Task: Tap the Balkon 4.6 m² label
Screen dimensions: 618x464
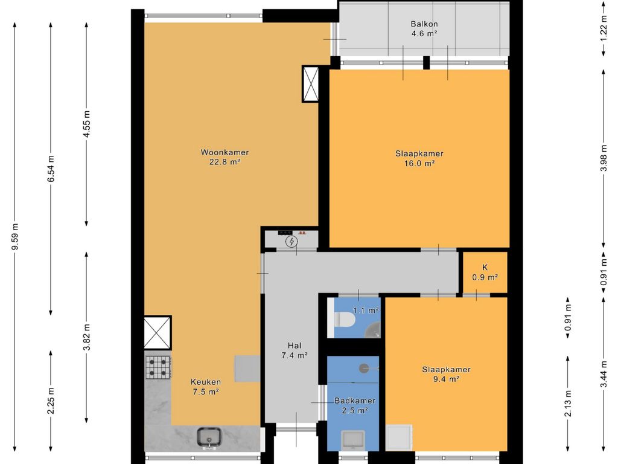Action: (424, 29)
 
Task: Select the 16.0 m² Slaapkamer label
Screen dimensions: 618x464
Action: (419, 158)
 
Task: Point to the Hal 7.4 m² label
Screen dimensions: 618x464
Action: (295, 350)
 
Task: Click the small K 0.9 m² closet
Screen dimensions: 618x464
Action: (485, 272)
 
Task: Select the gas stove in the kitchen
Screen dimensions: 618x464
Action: (159, 367)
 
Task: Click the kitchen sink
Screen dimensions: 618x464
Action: (209, 437)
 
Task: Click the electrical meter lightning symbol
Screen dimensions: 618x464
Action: (291, 242)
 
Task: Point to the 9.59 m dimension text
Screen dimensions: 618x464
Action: (15, 237)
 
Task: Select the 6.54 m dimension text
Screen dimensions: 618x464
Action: (51, 169)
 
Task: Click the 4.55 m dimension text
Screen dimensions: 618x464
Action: (87, 124)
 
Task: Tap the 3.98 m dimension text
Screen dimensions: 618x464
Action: (604, 159)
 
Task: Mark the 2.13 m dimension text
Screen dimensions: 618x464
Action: (567, 403)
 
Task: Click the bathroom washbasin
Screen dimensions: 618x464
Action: (353, 439)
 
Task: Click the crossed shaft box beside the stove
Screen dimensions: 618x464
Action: (158, 333)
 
